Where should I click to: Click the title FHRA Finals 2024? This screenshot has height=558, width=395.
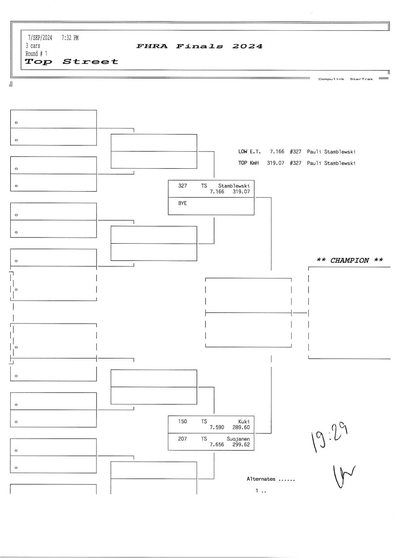click(199, 46)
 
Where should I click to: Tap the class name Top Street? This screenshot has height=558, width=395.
click(71, 61)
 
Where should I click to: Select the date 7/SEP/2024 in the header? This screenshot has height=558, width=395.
click(40, 38)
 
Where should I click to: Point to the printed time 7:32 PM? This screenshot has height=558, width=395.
click(70, 38)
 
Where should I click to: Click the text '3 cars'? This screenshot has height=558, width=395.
click(33, 46)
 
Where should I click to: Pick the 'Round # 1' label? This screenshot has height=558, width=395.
click(36, 53)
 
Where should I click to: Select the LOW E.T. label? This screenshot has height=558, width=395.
click(249, 152)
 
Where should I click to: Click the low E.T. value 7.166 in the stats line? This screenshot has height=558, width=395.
click(277, 152)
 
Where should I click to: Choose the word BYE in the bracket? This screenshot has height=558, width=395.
click(183, 203)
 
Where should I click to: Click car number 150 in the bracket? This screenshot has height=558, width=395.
click(183, 421)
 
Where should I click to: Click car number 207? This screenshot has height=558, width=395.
click(183, 438)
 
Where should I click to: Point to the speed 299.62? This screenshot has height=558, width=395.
click(241, 444)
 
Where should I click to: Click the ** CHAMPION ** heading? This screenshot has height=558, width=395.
click(349, 260)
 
